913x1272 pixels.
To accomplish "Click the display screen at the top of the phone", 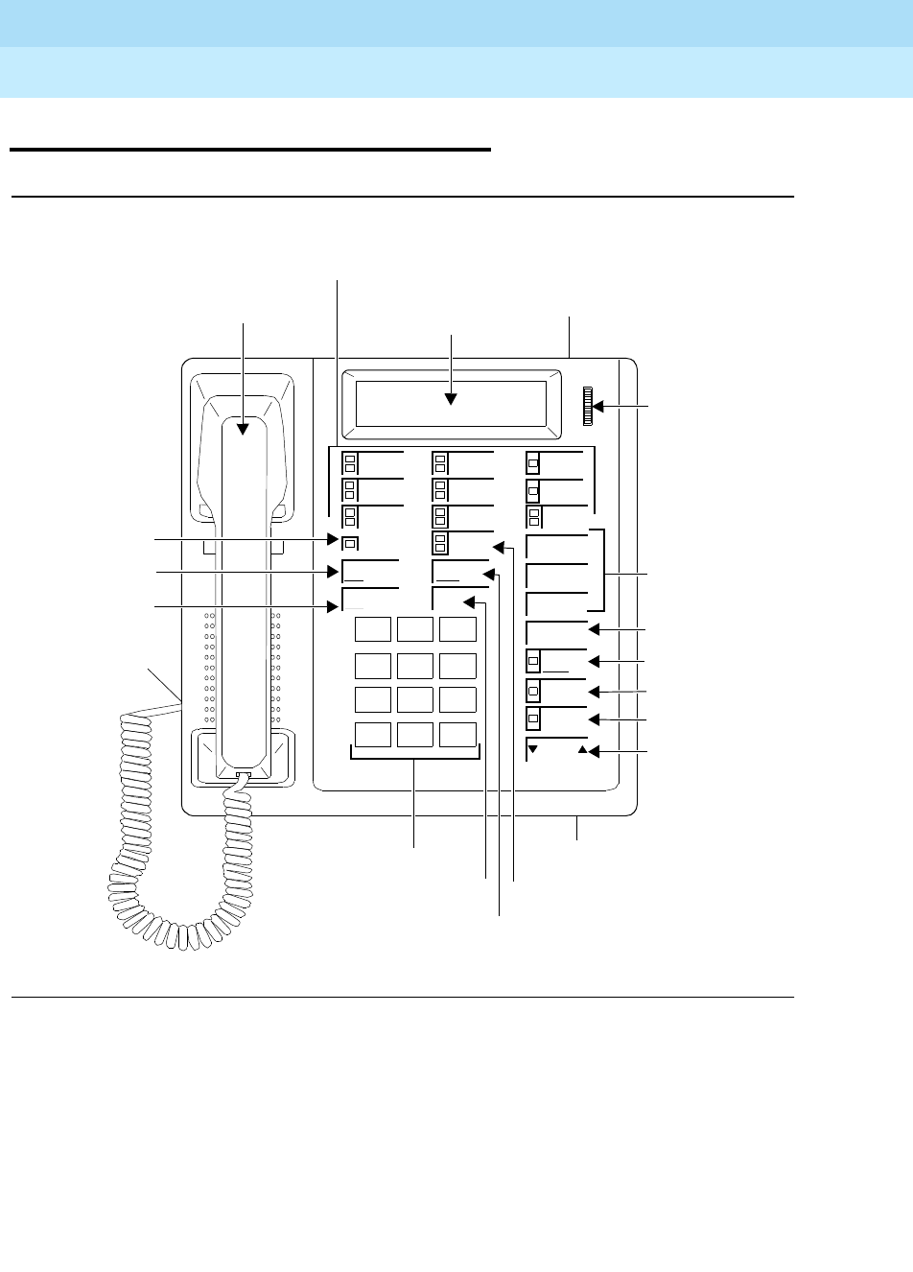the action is [451, 404].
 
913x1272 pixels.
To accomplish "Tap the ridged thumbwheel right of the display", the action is [584, 407].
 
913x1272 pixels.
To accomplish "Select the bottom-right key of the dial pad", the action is [458, 734].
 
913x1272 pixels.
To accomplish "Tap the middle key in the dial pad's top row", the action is [415, 629].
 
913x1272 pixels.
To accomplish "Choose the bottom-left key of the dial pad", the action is [373, 734].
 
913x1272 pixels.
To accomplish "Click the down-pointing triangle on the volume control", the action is [533, 748].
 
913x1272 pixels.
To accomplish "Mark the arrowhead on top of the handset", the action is [244, 429].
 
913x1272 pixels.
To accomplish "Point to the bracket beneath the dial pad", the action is [415, 758].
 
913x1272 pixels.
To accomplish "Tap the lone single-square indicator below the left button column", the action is [351, 544].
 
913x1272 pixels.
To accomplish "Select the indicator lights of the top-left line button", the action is [350, 462].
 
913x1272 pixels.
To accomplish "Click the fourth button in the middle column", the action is [463, 543].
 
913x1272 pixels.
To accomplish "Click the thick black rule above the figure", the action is [249, 150].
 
